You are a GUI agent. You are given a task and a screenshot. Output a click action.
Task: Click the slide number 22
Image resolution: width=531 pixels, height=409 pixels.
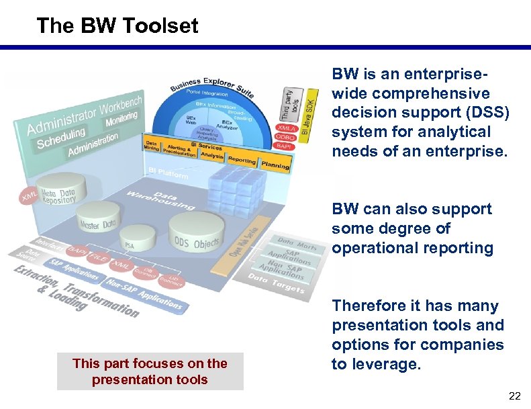(514, 396)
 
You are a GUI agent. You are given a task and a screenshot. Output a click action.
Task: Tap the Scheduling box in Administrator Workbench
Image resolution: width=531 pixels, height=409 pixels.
(61, 138)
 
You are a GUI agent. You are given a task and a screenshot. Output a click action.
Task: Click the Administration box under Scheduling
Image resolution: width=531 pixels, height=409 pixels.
(93, 143)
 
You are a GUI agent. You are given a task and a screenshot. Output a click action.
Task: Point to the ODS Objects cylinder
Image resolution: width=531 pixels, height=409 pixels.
(197, 232)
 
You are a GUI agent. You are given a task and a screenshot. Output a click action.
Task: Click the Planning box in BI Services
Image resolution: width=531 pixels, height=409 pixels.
(275, 163)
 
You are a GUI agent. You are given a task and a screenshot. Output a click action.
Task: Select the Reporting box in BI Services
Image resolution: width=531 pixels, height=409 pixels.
(242, 160)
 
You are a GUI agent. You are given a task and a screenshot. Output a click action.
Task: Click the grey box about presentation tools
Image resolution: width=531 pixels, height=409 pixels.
(150, 371)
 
